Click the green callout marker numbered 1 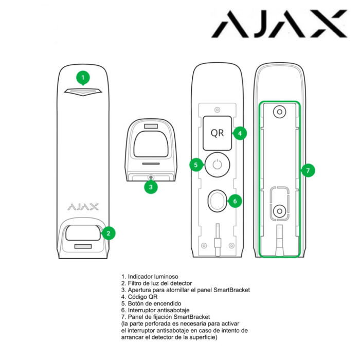click(83, 78)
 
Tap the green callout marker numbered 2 click(108, 233)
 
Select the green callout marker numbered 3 click(151, 187)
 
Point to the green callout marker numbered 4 click(240, 133)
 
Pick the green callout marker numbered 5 click(196, 165)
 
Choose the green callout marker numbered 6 click(235, 201)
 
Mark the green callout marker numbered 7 click(308, 170)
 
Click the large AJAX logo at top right click(279, 24)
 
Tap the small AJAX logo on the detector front click(83, 207)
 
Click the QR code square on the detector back click(217, 133)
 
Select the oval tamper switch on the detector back click(217, 201)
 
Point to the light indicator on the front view click(83, 92)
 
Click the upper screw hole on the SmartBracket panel click(279, 112)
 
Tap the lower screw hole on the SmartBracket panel click(279, 211)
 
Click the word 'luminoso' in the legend click(166, 277)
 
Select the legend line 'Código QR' click(139, 297)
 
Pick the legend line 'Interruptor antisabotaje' click(155, 310)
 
